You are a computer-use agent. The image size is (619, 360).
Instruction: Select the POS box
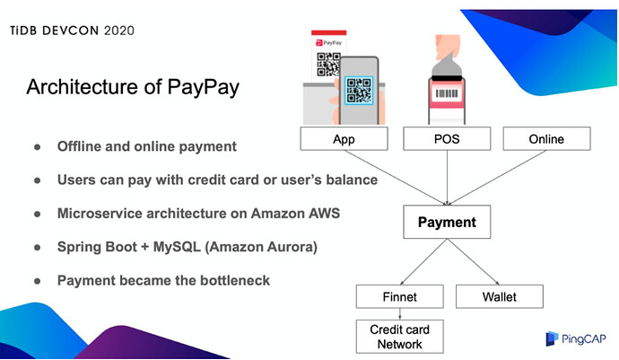click(446, 139)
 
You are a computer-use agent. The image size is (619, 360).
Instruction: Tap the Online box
click(545, 139)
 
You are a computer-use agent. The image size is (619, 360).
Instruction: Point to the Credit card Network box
click(400, 336)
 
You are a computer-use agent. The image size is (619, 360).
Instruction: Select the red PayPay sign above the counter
click(327, 40)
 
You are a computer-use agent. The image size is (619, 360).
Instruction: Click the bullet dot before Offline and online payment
click(38, 146)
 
